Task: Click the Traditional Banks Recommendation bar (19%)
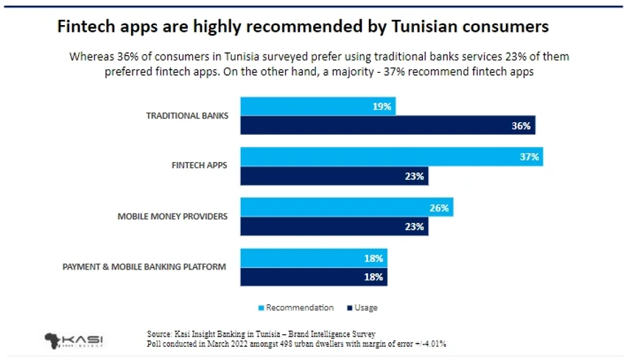[317, 106]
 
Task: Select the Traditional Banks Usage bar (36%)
[387, 126]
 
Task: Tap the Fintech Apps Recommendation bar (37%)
[391, 157]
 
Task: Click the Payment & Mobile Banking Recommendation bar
[313, 258]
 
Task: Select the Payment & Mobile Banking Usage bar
[313, 278]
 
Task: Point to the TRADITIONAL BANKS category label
[186, 116]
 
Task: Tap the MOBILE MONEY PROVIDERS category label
[172, 217]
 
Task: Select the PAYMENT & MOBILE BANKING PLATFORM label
[144, 267]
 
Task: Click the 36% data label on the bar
[522, 126]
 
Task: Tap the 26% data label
[439, 208]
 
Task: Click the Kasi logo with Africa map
[73, 340]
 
